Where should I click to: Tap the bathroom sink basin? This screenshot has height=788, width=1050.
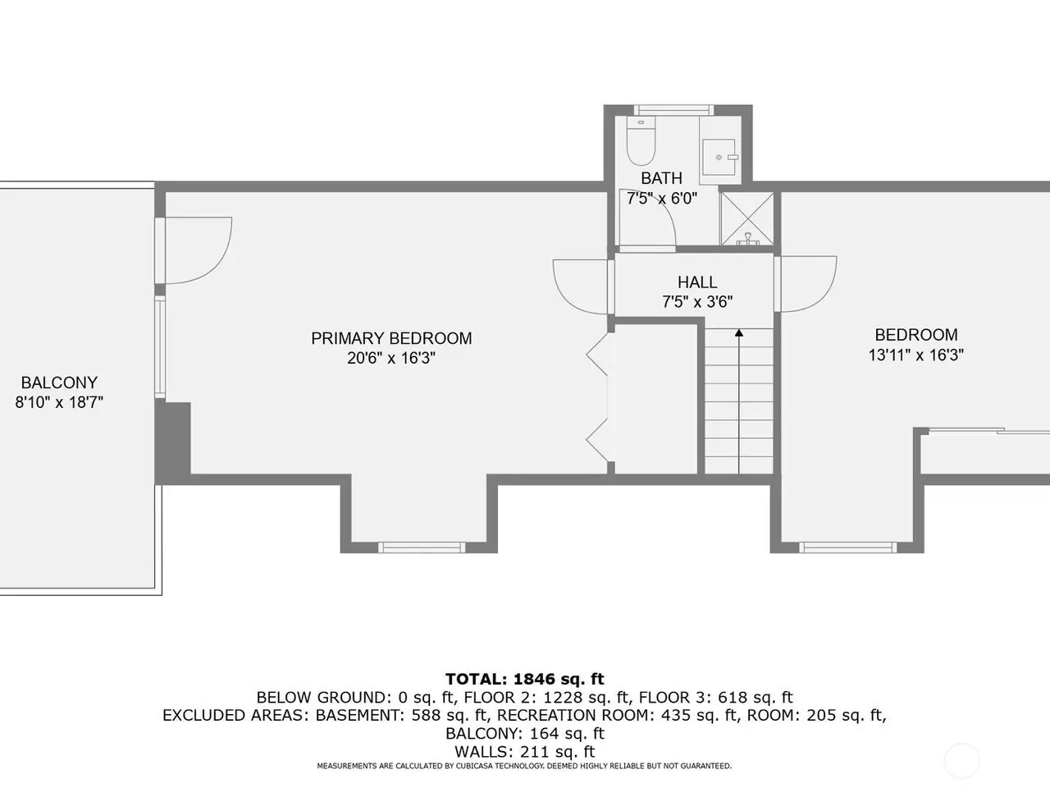coord(719,157)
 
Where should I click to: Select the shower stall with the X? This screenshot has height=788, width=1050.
coord(746,218)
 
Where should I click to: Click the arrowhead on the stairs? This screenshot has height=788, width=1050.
coord(739,332)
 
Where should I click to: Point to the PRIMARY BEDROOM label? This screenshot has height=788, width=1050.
coord(391,338)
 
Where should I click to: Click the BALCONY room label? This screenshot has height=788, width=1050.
coord(59,383)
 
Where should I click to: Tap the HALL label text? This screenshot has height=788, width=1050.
coord(697,282)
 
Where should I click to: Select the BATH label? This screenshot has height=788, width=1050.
coord(661,178)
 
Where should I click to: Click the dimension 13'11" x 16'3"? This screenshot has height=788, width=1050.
coord(916,355)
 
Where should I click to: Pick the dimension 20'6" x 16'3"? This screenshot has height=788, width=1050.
coord(391,358)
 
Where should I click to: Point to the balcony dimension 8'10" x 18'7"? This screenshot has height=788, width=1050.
coord(59,402)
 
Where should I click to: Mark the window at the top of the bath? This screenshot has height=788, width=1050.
coord(673,110)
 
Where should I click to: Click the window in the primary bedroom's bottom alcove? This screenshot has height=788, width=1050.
coord(422,547)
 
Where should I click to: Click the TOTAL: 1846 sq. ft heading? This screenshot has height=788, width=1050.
coord(525,679)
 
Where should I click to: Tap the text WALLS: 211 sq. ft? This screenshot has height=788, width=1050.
coord(525,751)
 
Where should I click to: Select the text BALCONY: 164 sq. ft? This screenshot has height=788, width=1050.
coord(525,733)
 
